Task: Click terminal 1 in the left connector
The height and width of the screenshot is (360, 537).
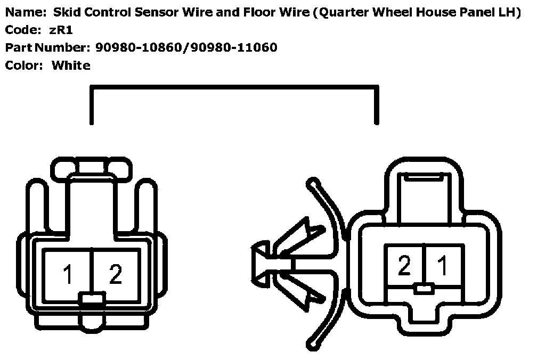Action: click(68, 275)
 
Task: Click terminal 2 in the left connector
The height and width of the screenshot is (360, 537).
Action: click(115, 275)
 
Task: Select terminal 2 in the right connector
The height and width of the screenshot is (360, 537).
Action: click(404, 266)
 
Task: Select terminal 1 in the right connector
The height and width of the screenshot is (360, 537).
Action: click(442, 266)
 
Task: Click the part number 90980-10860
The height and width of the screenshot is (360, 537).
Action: click(139, 48)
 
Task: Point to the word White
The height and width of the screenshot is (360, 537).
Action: click(71, 66)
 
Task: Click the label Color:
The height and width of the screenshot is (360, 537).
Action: click(22, 66)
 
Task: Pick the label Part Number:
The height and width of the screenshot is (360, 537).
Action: click(46, 48)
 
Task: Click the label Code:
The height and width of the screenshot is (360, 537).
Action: click(20, 30)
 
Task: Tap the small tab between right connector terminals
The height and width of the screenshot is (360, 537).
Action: click(424, 289)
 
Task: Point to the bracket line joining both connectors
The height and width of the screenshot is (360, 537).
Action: click(234, 88)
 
